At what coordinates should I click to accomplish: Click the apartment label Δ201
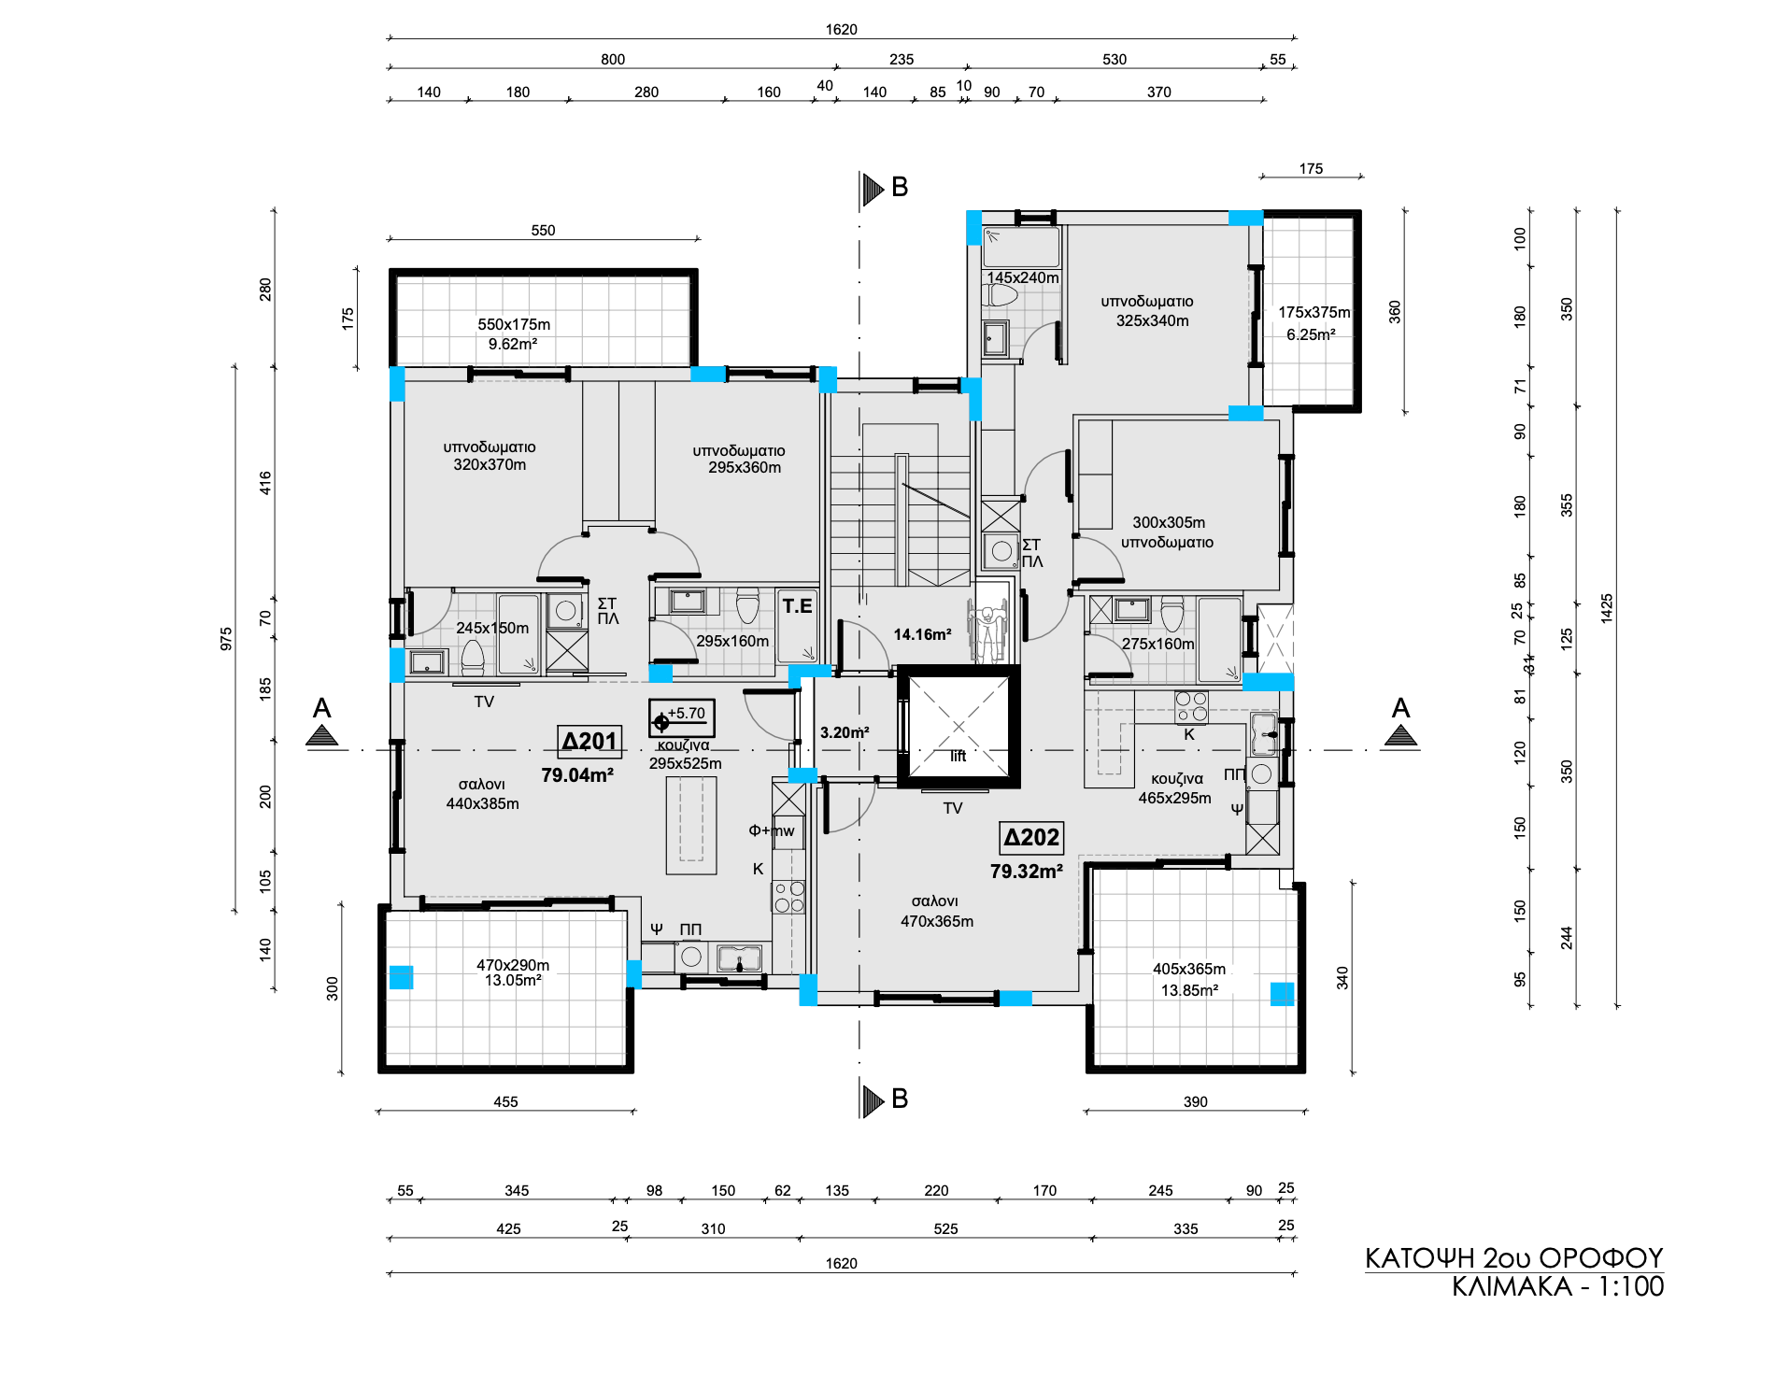point(589,742)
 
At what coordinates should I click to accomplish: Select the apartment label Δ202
point(1031,838)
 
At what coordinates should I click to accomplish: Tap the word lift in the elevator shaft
point(958,756)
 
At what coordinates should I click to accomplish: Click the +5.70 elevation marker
point(682,717)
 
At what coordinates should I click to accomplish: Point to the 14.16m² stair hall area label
point(922,634)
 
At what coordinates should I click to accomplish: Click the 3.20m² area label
point(845,732)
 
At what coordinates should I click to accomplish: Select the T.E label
point(797,606)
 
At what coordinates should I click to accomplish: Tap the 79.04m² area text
point(577,775)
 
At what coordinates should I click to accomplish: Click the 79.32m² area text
point(1027,872)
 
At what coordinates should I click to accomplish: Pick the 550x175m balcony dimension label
point(514,324)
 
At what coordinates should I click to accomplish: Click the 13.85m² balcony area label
point(1189,990)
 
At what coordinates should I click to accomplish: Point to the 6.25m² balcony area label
point(1311,334)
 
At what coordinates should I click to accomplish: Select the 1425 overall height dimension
point(1607,608)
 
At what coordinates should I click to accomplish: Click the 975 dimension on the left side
point(226,639)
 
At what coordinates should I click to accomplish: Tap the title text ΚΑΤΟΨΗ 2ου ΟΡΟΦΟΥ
point(1514,1258)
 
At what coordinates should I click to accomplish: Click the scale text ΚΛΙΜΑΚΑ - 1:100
point(1558,1286)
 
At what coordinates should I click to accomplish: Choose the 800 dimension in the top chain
point(613,60)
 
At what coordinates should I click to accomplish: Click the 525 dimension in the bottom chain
point(945,1228)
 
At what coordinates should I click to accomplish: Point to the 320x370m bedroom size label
point(490,464)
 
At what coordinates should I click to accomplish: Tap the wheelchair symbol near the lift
point(987,632)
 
